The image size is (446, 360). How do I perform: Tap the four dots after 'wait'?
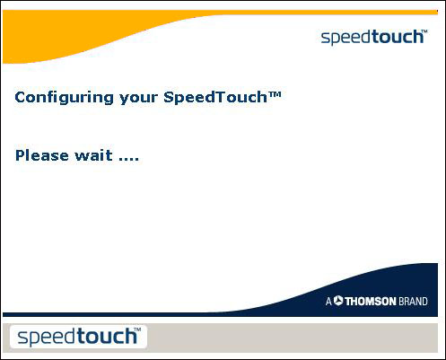pos(129,159)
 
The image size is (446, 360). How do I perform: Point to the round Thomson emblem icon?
pos(338,302)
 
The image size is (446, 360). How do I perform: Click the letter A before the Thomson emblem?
pos(328,302)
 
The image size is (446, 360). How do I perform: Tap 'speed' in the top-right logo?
pos(345,37)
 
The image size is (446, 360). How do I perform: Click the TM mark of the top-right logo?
pos(424,31)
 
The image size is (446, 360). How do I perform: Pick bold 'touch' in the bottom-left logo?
pos(106,338)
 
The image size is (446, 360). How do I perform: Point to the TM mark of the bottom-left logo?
pos(138,331)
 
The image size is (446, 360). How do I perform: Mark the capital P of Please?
pos(21,155)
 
